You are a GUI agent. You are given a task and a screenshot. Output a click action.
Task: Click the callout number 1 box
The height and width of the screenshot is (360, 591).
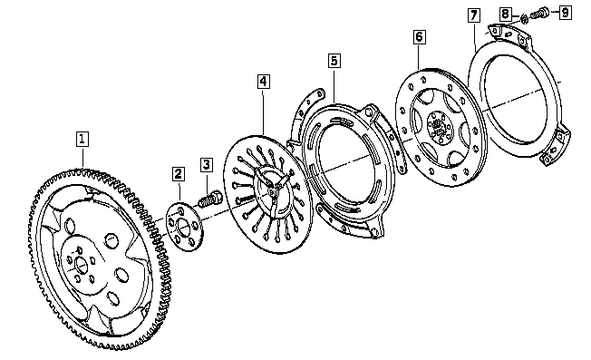[x=82, y=139]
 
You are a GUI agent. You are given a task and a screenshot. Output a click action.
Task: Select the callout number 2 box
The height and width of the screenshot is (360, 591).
[x=179, y=174]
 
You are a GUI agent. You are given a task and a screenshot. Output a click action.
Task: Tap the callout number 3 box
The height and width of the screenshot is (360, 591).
[x=207, y=165]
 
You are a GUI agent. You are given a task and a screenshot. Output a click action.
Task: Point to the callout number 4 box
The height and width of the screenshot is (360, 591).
[x=264, y=82]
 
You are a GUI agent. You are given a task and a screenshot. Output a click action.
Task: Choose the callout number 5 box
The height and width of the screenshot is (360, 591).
[x=334, y=61]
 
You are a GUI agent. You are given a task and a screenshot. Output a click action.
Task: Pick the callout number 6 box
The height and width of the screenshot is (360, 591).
[x=420, y=37]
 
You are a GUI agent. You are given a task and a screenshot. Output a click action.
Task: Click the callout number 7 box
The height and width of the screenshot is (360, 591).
[x=474, y=15]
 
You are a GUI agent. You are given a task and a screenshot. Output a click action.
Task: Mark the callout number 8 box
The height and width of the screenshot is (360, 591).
[x=506, y=15]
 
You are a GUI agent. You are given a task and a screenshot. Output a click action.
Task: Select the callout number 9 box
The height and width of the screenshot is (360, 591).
[x=565, y=13]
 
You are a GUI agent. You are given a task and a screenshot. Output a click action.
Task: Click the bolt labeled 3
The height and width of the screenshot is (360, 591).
[x=210, y=199]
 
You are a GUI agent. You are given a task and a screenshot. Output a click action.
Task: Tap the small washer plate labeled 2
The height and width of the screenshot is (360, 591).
[x=184, y=227]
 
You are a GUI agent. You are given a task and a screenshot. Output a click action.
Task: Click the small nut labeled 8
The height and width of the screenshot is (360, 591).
[x=524, y=18]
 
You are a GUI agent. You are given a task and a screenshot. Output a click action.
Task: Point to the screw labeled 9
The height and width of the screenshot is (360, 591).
[x=539, y=13]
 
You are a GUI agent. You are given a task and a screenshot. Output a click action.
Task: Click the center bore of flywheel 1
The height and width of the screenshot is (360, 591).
[x=81, y=265]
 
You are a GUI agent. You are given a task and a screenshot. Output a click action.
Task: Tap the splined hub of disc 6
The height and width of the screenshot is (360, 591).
[x=439, y=128]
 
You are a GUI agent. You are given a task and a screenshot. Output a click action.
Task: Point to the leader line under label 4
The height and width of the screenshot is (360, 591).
[x=264, y=112]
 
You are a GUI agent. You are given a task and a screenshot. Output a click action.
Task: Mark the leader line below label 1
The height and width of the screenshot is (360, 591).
[x=82, y=157]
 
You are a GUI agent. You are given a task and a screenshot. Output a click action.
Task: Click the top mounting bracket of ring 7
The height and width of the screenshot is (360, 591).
[x=511, y=34]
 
